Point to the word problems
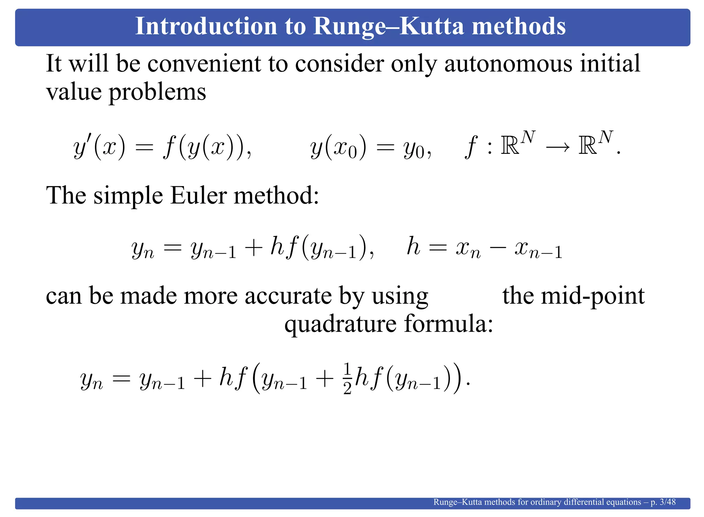click(x=157, y=93)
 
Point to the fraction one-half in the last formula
click(x=347, y=379)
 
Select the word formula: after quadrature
click(x=449, y=324)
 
